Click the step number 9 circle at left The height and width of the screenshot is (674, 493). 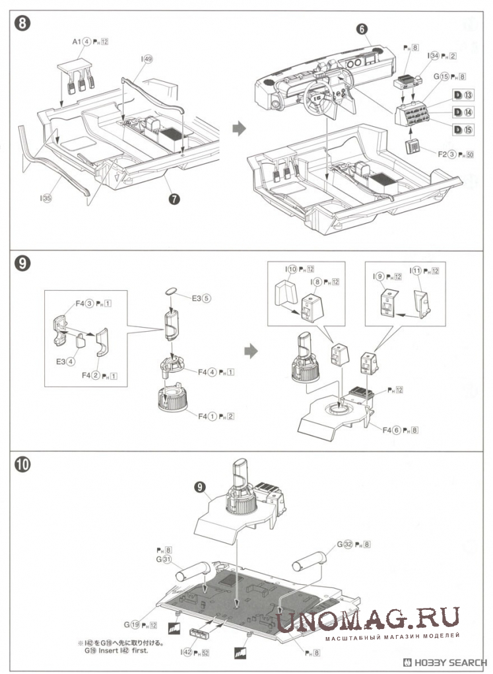point(22,264)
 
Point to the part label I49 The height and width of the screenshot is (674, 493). point(147,59)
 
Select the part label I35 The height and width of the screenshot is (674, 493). point(46,197)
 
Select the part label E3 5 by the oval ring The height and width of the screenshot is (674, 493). point(201,297)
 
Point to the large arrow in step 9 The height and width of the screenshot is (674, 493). point(250,350)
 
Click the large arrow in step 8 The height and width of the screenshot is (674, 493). point(238,130)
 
